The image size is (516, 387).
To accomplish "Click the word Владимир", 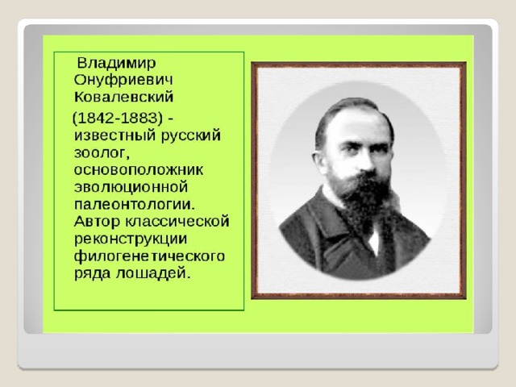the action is coord(116,63).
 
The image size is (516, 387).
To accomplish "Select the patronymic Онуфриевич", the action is coord(123,81).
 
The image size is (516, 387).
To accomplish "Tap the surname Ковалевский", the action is coord(123,97).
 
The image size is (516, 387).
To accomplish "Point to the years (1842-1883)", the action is coord(118,119).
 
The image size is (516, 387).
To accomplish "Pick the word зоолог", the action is coord(100,154).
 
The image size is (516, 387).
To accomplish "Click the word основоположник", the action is coord(139,170).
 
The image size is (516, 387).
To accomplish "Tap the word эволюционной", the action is coord(131,187).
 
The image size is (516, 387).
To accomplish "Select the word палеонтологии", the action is coord(135,204).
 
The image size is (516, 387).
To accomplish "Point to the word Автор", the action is coord(97,222).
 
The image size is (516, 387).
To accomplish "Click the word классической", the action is coord(177,222).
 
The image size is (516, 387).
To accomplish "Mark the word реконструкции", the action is coord(131,239).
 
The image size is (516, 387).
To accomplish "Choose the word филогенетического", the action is coord(149,256).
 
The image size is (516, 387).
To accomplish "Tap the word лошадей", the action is coord(153,273).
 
